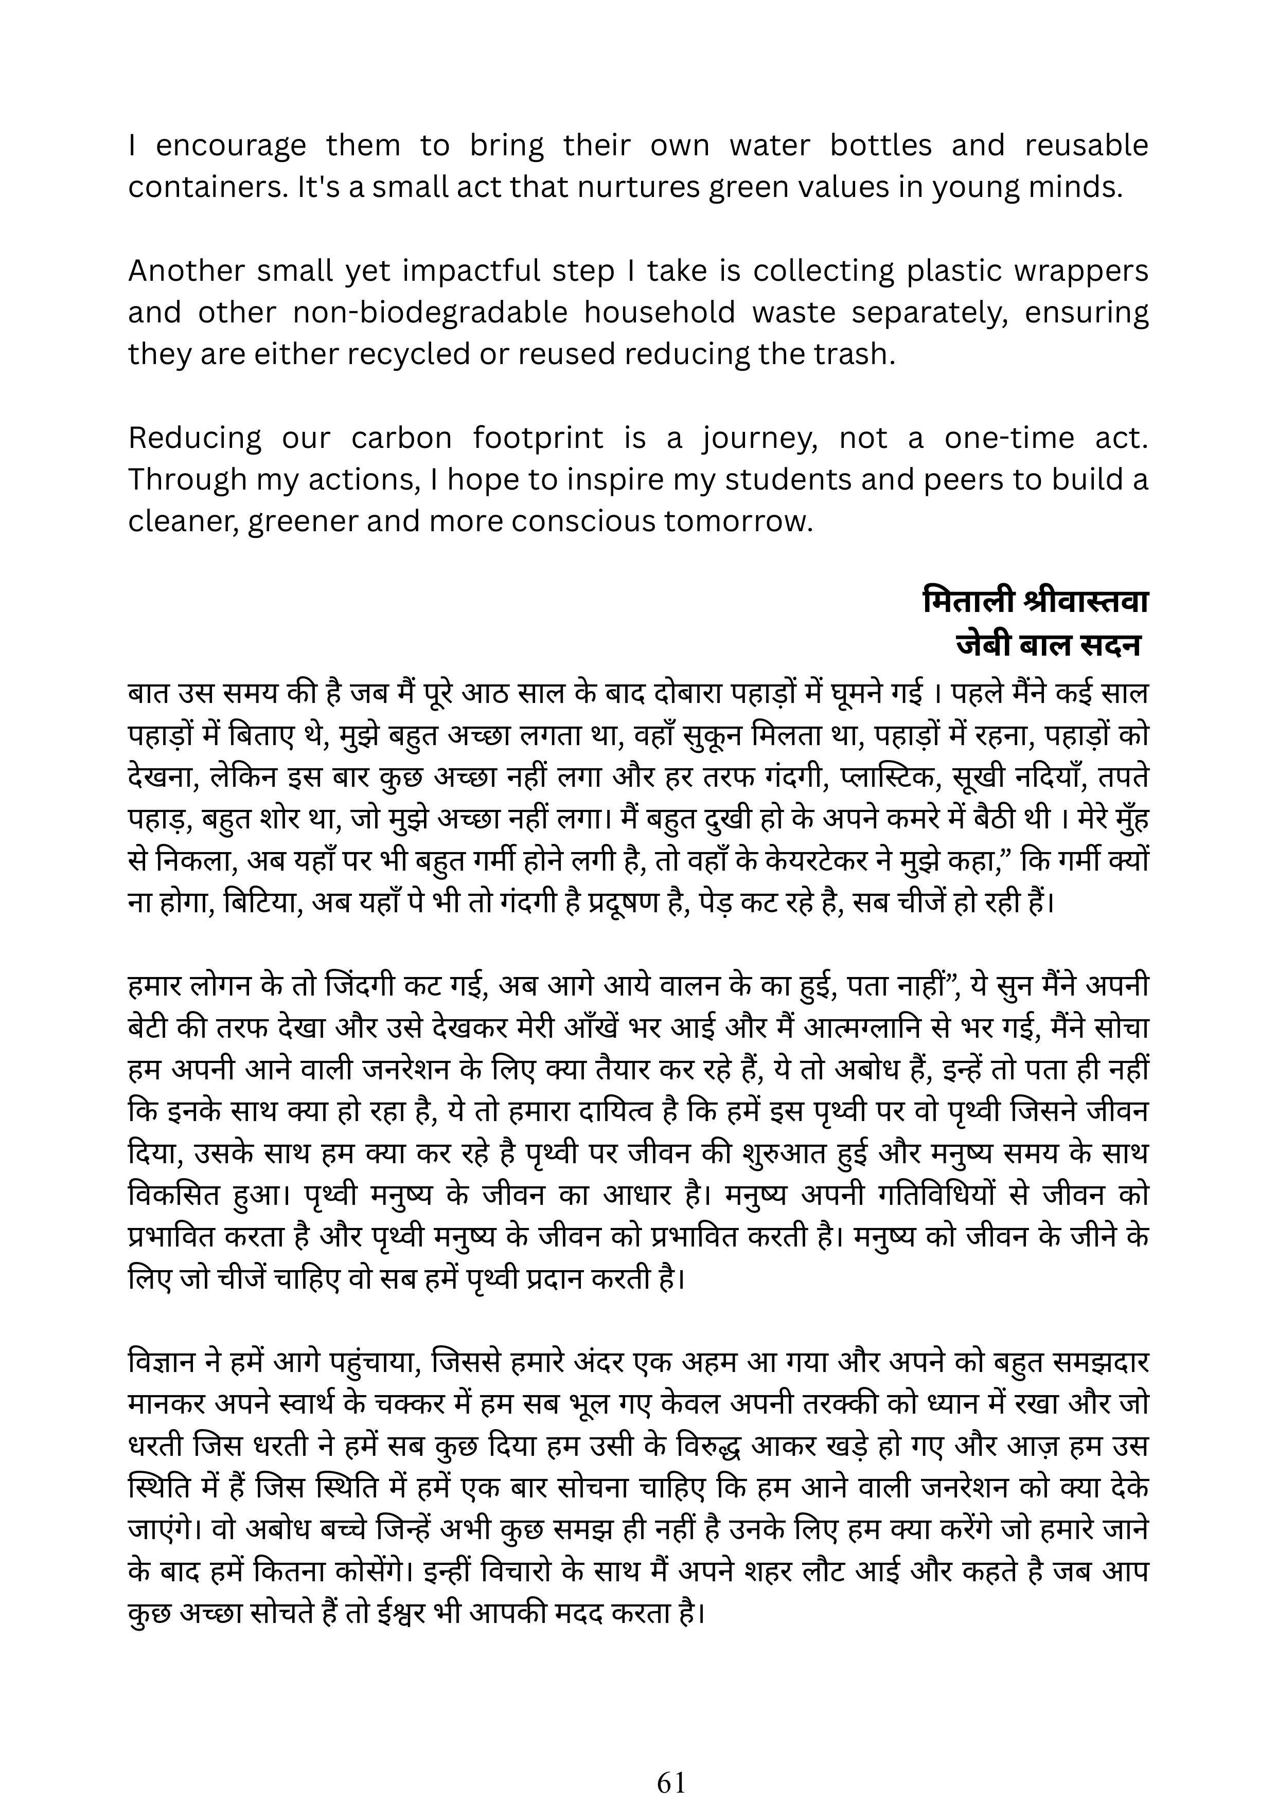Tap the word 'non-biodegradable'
click(430, 313)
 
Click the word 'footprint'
click(538, 438)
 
